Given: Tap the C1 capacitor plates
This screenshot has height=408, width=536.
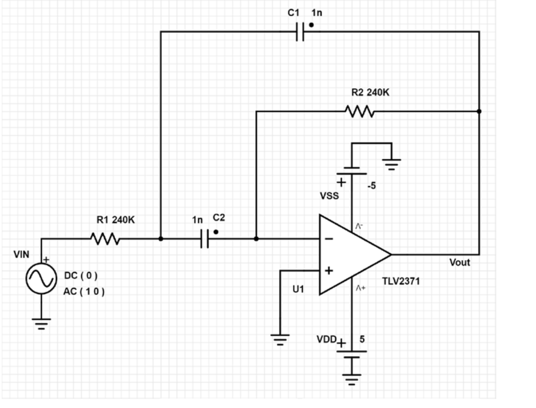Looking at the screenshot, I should pos(300,32).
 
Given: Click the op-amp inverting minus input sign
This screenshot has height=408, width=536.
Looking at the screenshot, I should pos(330,239).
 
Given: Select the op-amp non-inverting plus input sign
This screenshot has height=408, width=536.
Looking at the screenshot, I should pos(329,271).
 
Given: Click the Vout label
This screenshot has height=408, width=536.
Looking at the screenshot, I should pos(459,263).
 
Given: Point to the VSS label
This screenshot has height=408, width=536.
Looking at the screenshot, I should pos(329,197).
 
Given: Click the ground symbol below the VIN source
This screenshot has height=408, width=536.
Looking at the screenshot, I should pos(42,323).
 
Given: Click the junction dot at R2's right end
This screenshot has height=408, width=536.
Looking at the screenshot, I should pos(479,111).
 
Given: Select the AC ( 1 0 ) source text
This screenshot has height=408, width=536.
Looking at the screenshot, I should pos(85,292).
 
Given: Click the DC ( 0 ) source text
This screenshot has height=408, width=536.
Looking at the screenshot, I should pos(81,276).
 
